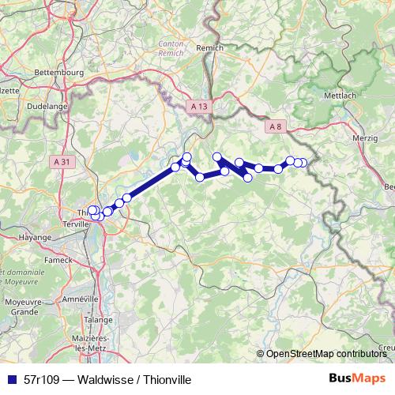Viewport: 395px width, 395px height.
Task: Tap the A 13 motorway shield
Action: click(x=200, y=105)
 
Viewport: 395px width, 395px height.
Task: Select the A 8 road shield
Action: click(x=275, y=126)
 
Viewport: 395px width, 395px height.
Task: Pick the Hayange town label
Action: click(x=34, y=236)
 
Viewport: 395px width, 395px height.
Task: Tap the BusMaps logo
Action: click(x=358, y=379)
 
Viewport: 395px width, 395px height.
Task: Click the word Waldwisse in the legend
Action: click(x=95, y=379)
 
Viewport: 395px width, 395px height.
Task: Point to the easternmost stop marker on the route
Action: click(x=304, y=163)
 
